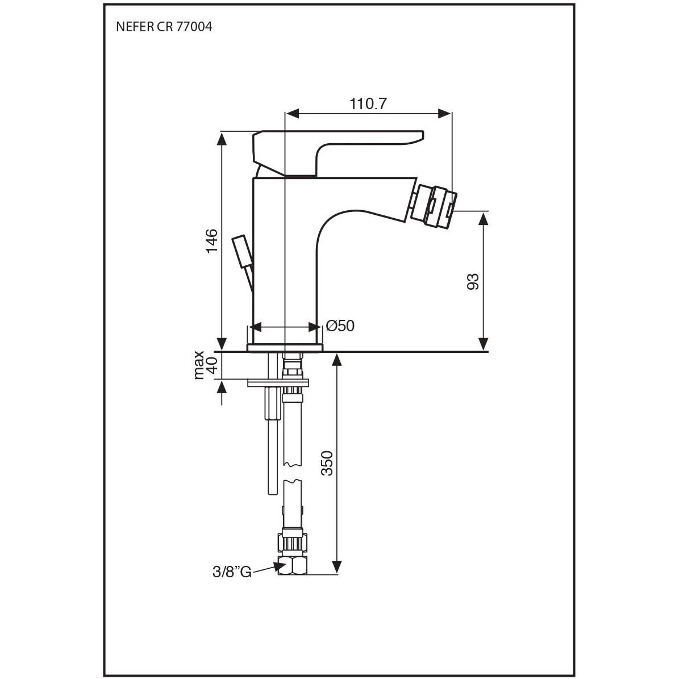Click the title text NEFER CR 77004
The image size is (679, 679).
tap(164, 27)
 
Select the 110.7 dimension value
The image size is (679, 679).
tap(368, 104)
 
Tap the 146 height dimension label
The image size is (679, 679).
tap(211, 241)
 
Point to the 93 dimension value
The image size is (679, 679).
tap(473, 281)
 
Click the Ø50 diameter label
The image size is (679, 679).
tap(340, 326)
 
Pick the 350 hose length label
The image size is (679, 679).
tap(327, 463)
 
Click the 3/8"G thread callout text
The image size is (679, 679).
tap(232, 572)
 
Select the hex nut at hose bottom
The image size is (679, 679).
tap(293, 565)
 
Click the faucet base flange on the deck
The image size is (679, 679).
tap(285, 347)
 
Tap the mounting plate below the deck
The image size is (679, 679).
tap(278, 383)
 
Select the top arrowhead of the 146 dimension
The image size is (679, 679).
tap(221, 139)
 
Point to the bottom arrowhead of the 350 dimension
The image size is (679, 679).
tap(336, 567)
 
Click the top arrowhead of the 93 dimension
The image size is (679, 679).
tap(484, 219)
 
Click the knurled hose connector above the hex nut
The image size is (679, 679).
tap(293, 541)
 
